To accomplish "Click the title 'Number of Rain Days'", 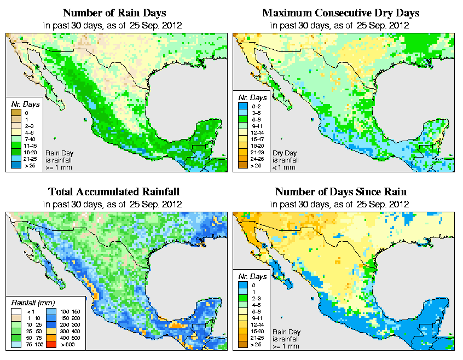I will coord(114,13).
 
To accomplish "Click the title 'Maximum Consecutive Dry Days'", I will coord(341,13).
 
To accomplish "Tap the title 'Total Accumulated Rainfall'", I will coord(114,192).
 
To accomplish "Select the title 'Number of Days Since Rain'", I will coord(341,192).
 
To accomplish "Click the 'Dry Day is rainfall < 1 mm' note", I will coord(283,160).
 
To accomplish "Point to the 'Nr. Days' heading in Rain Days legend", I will coord(24,103).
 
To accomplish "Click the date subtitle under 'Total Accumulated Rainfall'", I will coord(114,205).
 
